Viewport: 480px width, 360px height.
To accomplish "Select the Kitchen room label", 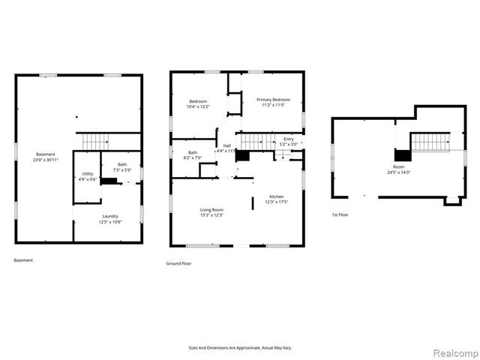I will pos(277,196).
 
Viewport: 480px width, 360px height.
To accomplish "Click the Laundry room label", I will pos(109,216).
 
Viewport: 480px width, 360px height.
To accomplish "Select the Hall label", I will pos(226,145).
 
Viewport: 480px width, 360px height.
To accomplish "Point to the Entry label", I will pos(289,139).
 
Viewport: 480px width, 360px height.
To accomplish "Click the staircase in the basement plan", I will pos(95,141).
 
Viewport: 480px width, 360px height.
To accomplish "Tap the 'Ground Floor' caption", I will pos(178,263).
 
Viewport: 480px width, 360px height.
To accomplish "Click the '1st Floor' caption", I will pos(340,215).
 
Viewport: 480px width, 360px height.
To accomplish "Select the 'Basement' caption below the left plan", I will pos(23,260).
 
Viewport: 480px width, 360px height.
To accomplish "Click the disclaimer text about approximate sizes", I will pos(239,348).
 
